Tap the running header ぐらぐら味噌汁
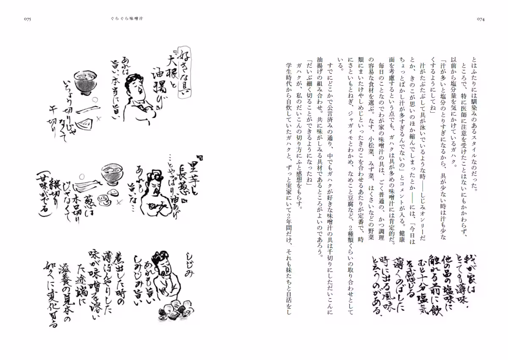(x=119, y=19)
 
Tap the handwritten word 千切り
(x=54, y=128)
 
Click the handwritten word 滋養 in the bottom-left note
(x=62, y=277)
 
